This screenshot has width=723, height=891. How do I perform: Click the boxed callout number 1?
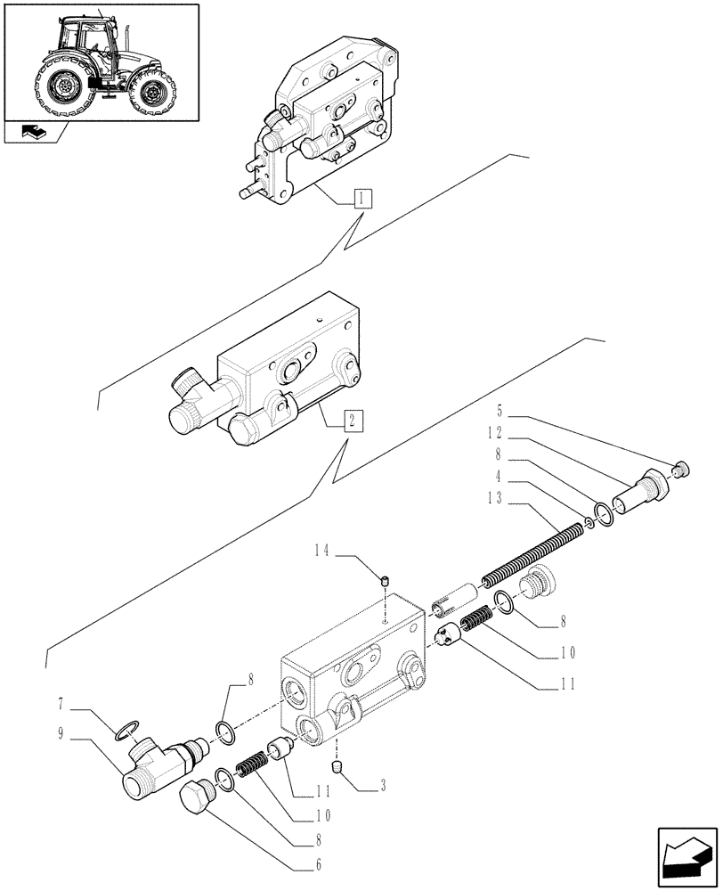pyautogui.click(x=362, y=198)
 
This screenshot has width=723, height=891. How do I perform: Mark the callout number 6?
pyautogui.click(x=319, y=863)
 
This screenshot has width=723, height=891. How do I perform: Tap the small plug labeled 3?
pyautogui.click(x=337, y=767)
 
